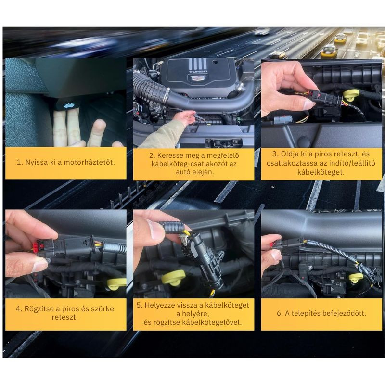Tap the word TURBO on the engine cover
point(198,72)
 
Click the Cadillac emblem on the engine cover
point(198,78)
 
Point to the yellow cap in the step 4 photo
point(116,283)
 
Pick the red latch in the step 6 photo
point(273,245)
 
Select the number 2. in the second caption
point(152,155)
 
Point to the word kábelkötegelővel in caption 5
point(212,322)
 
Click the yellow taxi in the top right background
point(329,51)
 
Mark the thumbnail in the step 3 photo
point(308,104)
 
